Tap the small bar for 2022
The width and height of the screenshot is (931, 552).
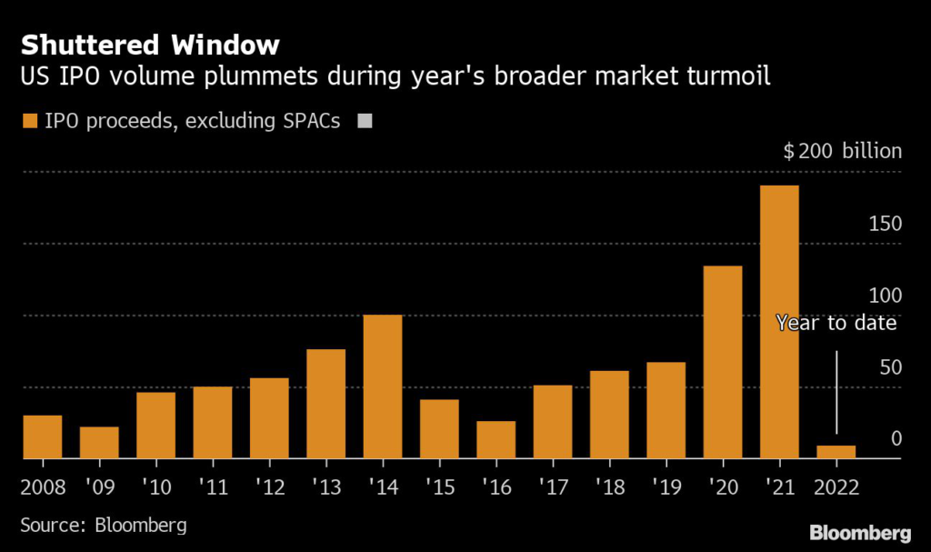(836, 452)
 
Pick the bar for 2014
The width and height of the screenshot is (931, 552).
(383, 386)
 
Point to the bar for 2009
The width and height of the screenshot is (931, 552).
(99, 443)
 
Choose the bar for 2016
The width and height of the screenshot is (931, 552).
(496, 440)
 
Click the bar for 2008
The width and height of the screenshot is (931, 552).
(43, 437)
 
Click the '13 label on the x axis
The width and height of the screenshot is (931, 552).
(325, 486)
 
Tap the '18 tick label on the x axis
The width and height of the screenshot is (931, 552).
(609, 486)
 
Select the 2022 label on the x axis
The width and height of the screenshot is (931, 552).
(836, 486)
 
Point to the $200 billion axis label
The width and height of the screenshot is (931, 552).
(843, 151)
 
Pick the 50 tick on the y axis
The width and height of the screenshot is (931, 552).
(890, 367)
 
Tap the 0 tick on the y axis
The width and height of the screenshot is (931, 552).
(896, 439)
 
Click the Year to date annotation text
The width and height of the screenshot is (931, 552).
(836, 323)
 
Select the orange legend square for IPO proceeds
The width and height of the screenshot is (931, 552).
(30, 121)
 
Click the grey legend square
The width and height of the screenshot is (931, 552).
(366, 121)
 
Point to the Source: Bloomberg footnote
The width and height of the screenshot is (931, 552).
(104, 525)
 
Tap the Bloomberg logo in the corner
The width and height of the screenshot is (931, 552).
(860, 531)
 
